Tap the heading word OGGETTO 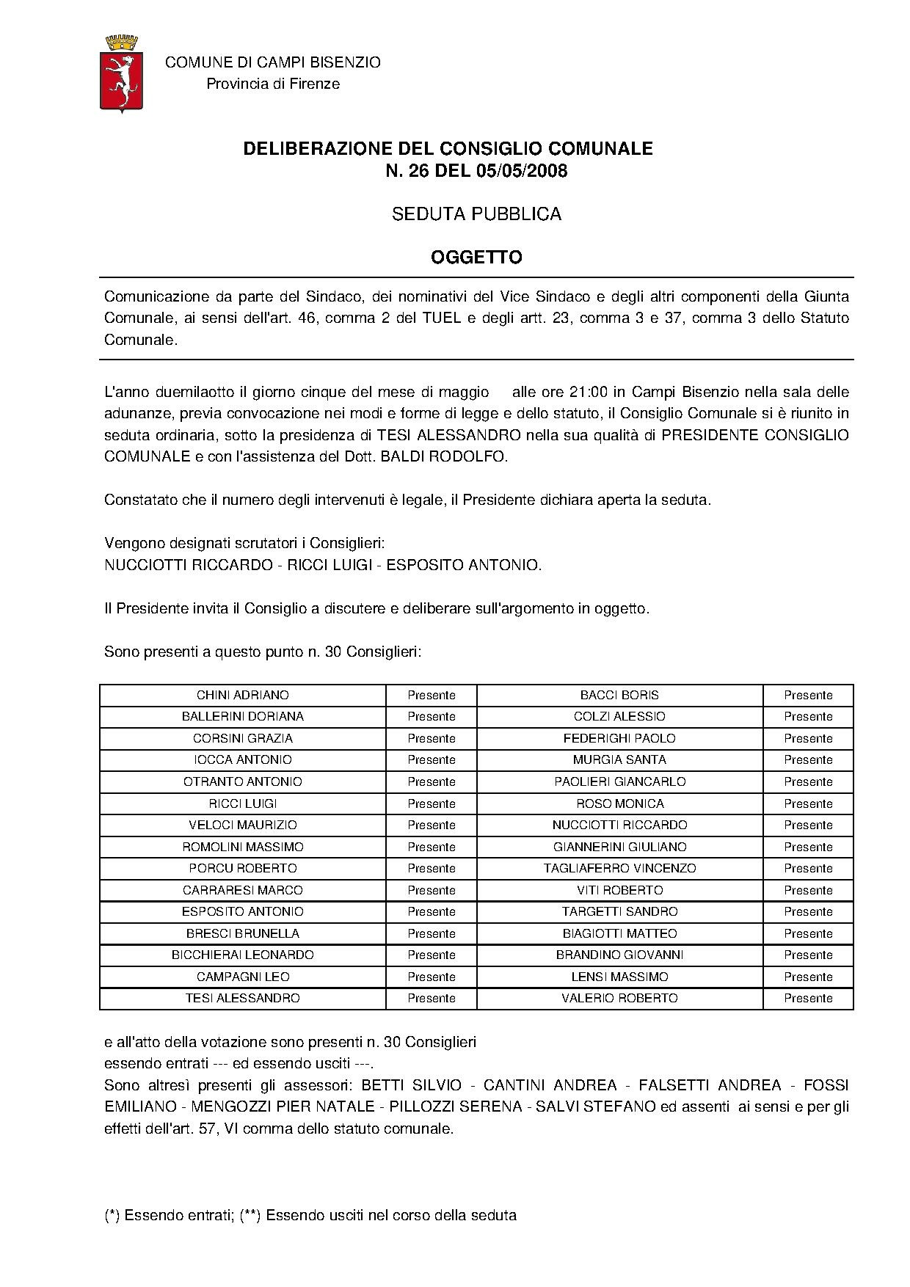tap(476, 258)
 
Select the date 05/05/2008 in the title tap(522, 172)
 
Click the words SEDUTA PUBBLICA tap(476, 214)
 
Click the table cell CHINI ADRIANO tap(243, 695)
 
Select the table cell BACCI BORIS tap(619, 695)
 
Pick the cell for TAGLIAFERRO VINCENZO tap(619, 868)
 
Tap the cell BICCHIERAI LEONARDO tap(243, 955)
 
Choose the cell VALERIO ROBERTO tap(619, 998)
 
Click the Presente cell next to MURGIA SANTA tap(808, 759)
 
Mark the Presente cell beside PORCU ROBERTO tap(432, 868)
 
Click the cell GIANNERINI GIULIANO tap(619, 847)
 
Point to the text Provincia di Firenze tap(273, 84)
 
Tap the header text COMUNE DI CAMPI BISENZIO tap(273, 62)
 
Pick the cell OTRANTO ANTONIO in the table tap(243, 781)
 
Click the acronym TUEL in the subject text tap(439, 318)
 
